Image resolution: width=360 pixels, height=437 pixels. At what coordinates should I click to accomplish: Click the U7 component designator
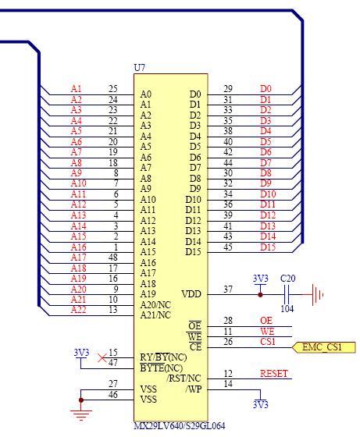(x=139, y=67)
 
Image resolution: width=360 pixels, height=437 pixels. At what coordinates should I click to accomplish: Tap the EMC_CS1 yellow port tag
(x=323, y=347)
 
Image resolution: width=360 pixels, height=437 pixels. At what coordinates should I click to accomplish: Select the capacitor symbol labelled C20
(x=287, y=294)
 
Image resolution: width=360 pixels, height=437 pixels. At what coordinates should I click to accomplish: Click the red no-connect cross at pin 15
(x=102, y=358)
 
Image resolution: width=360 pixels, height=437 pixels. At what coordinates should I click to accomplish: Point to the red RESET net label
(x=273, y=374)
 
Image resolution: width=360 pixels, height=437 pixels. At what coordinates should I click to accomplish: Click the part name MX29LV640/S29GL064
(x=180, y=426)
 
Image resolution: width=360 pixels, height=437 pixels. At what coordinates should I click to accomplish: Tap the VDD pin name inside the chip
(x=191, y=294)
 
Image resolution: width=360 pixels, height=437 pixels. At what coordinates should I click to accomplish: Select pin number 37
(x=228, y=290)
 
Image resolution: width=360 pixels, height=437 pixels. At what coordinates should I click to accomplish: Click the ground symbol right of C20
(x=317, y=295)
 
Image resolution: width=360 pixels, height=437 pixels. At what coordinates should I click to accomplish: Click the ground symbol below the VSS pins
(x=81, y=415)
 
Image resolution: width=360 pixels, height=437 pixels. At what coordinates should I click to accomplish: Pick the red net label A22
(x=78, y=310)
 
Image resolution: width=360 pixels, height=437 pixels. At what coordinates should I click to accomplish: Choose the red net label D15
(x=268, y=247)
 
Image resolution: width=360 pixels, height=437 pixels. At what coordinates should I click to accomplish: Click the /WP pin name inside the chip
(x=193, y=389)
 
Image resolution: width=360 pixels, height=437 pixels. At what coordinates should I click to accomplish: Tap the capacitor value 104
(x=287, y=308)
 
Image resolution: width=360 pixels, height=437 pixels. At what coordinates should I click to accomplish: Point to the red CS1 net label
(x=267, y=342)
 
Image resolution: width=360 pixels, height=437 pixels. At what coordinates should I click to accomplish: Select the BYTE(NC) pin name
(x=161, y=368)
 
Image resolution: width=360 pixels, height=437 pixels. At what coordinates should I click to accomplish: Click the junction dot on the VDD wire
(x=260, y=295)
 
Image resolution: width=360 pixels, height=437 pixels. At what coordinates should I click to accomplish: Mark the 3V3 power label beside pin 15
(x=81, y=353)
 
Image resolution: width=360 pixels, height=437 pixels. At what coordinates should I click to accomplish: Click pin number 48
(x=113, y=258)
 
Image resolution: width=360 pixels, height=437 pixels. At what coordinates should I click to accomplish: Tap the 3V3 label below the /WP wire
(x=261, y=404)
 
